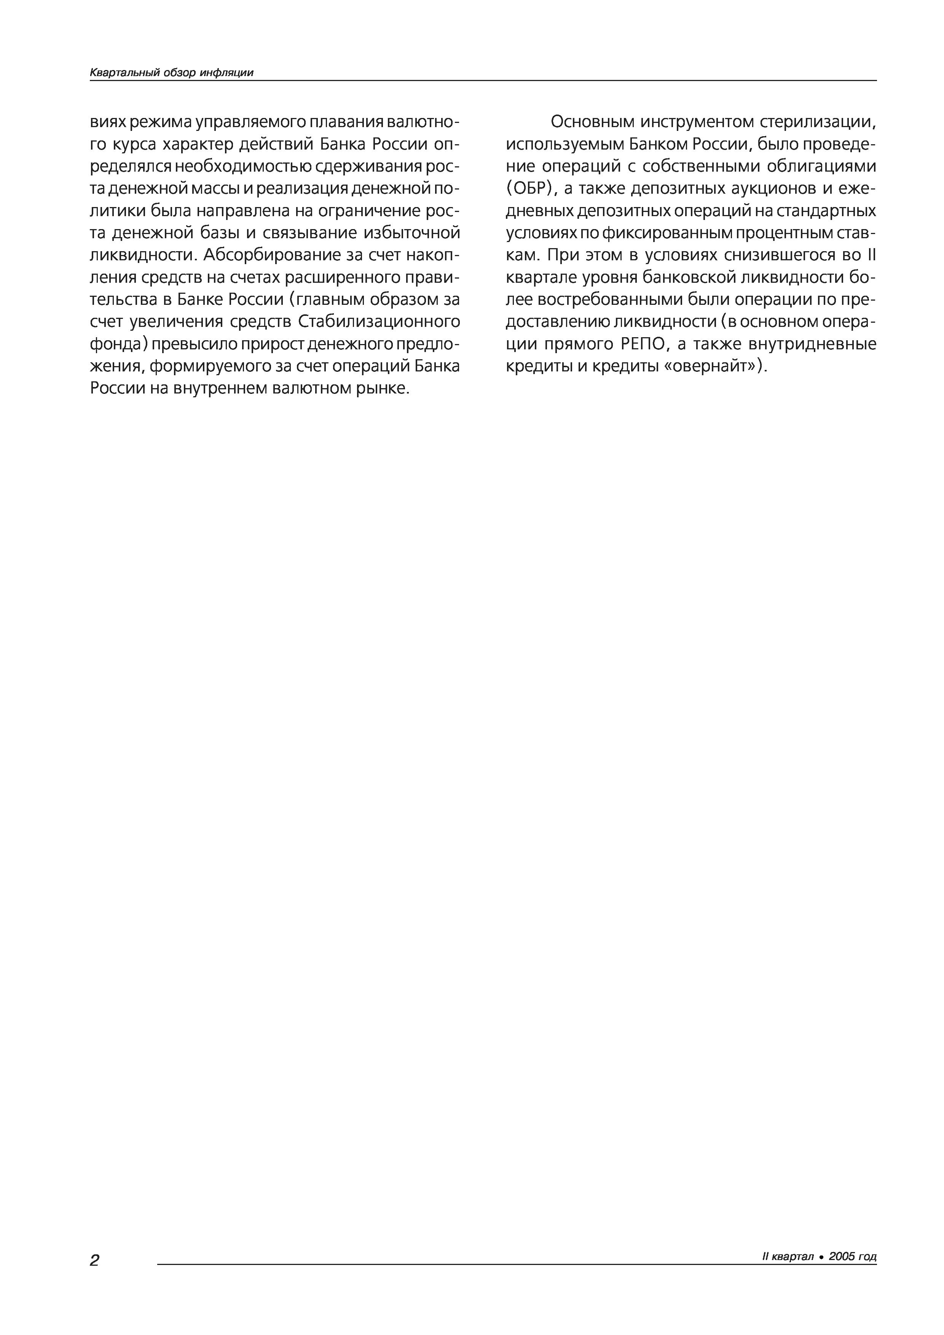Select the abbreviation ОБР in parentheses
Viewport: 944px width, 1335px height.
[x=532, y=190]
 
